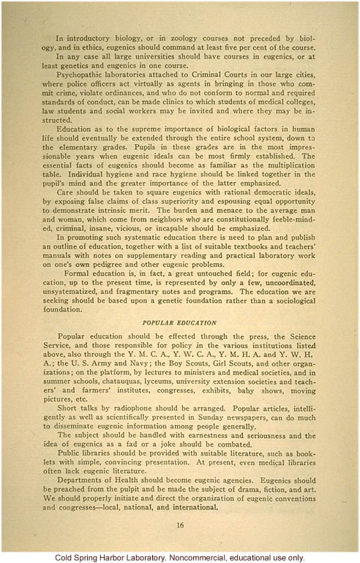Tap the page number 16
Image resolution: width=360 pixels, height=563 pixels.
pos(181,524)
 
